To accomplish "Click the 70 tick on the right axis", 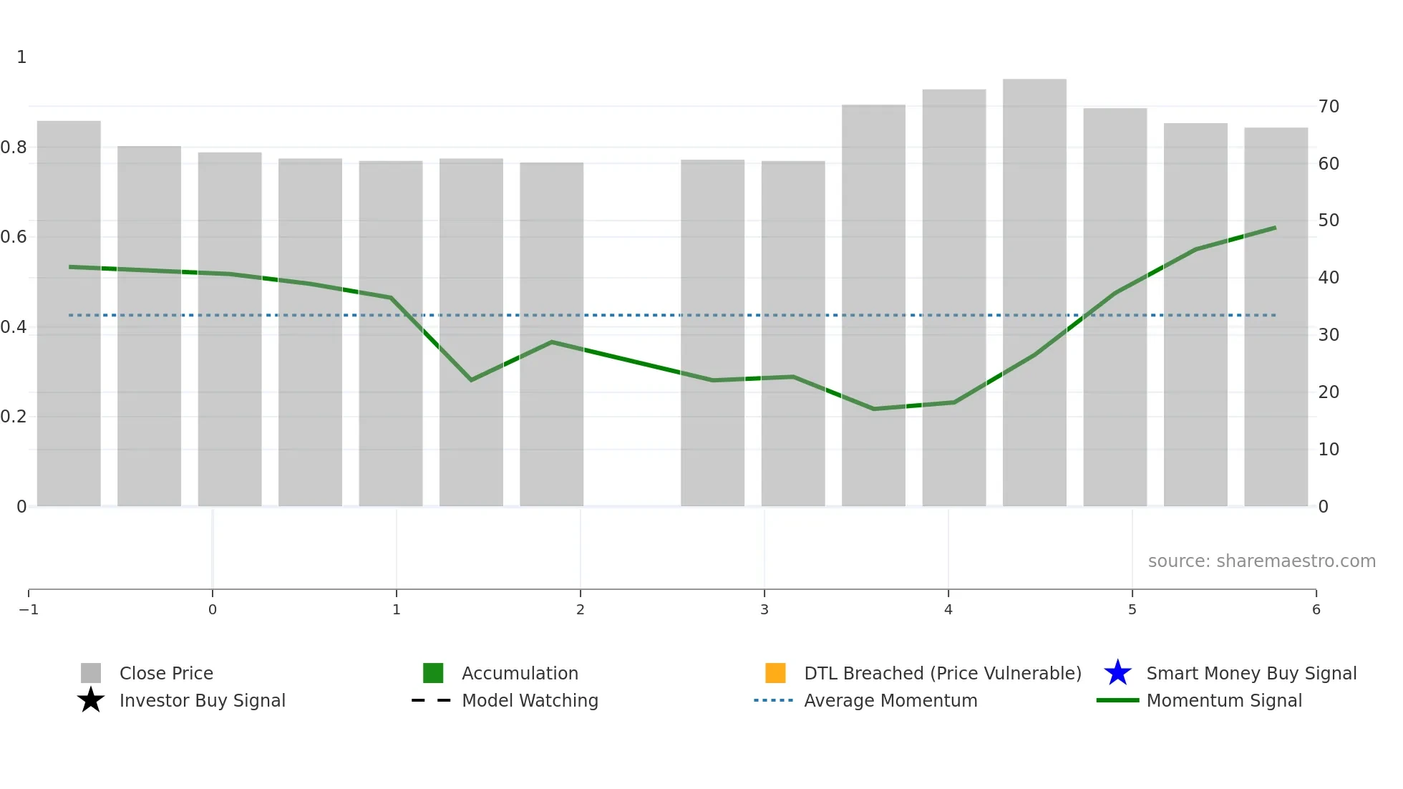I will pos(1329,107).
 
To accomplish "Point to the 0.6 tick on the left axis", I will pos(14,237).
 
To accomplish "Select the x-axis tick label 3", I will pos(764,609).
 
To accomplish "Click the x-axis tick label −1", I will pos(29,609).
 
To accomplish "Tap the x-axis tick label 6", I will pos(1316,609).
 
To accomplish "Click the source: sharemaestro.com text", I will pos(1261,561).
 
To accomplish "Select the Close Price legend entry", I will pos(166,673).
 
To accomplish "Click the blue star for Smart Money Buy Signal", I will pos(1117,673).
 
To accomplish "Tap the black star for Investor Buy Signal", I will pos(91,700).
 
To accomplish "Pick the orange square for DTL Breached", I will pos(775,673).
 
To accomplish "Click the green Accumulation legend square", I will pos(433,673).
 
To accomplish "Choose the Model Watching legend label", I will pos(530,700).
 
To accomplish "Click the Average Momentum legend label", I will pos(890,700).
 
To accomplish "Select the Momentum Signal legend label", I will pos(1224,700).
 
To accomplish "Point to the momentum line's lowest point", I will pos(873,409).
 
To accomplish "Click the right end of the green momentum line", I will pos(1275,228).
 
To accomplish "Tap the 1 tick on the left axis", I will pos(21,57).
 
